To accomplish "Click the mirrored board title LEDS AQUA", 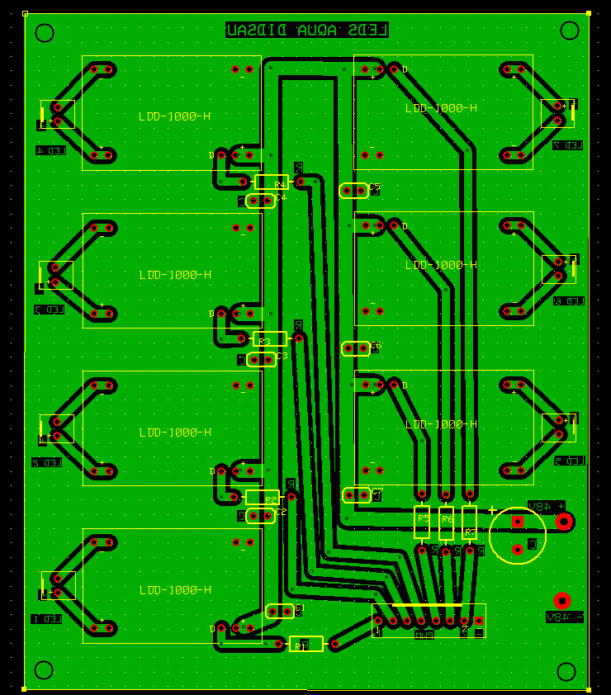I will (306, 31).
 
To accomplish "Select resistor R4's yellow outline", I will (271, 182).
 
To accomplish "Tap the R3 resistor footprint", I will (269, 338).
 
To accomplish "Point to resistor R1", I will (306, 644).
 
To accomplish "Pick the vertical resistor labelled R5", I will (422, 522).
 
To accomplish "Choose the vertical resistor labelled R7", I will (470, 522).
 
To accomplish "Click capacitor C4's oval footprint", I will (261, 201).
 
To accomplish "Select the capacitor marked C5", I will (354, 191).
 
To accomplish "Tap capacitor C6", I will (355, 349).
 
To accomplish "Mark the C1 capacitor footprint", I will (282, 611).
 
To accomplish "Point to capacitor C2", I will (261, 516).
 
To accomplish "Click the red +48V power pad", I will (565, 521).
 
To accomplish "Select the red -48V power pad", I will (562, 600).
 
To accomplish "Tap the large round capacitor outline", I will (518, 535).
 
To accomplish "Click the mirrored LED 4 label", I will (50, 151).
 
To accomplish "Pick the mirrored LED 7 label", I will (568, 145).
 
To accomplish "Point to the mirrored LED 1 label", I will (46, 618).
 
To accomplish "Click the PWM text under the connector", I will (424, 634).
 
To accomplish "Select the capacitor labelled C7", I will (356, 495).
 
